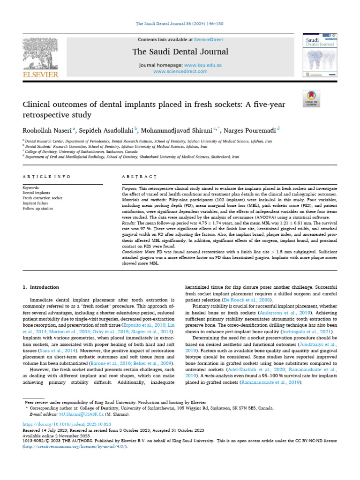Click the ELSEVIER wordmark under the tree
(x=41, y=74)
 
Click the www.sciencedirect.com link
(x=180, y=71)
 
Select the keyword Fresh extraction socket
(x=42, y=198)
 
